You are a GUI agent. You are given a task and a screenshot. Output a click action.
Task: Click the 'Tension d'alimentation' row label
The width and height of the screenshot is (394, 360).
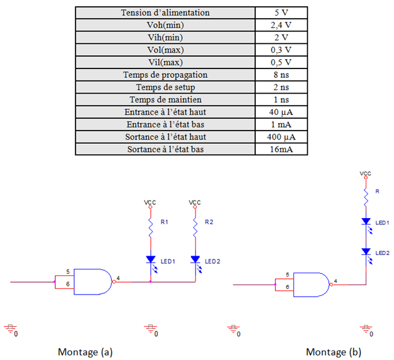(x=165, y=13)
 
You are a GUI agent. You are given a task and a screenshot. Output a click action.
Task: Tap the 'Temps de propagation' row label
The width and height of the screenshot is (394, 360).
(x=165, y=75)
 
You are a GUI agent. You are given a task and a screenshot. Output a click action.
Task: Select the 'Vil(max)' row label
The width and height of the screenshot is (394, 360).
(x=165, y=62)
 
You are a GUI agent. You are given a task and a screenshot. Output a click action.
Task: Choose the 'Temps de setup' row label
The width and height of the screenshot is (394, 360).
(x=165, y=87)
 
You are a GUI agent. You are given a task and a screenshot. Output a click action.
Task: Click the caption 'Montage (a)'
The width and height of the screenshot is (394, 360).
(x=85, y=351)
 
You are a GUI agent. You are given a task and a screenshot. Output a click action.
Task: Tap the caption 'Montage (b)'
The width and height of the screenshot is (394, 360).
(x=333, y=351)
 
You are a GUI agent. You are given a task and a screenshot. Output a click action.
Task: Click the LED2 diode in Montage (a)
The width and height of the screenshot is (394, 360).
(x=195, y=259)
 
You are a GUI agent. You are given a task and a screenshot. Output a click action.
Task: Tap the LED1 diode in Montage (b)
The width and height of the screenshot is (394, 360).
(x=366, y=222)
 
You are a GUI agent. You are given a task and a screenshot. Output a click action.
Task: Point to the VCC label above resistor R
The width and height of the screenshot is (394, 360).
(x=366, y=172)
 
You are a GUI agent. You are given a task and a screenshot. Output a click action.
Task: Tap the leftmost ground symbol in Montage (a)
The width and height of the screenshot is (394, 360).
(x=10, y=327)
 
